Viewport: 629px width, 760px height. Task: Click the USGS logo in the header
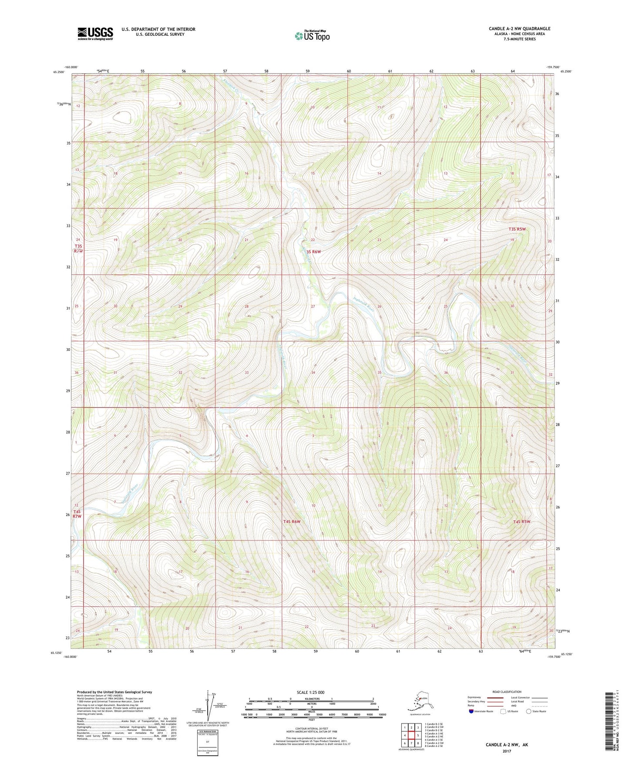point(95,34)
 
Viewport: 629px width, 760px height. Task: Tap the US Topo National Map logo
point(312,35)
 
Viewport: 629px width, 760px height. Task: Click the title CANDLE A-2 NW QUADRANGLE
point(519,29)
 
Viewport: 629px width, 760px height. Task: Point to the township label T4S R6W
point(292,521)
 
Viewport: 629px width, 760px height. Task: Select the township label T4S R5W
point(521,521)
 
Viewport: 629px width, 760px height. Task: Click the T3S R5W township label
point(517,229)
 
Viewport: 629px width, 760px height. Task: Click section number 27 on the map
point(313,306)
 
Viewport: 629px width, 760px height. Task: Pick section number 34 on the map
point(313,373)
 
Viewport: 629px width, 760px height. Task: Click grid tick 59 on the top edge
point(307,71)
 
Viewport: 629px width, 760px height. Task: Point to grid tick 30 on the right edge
point(557,342)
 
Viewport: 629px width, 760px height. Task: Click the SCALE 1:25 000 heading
point(310,693)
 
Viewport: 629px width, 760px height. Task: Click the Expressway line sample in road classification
point(495,697)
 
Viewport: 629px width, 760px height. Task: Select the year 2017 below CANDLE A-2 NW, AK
point(506,751)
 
